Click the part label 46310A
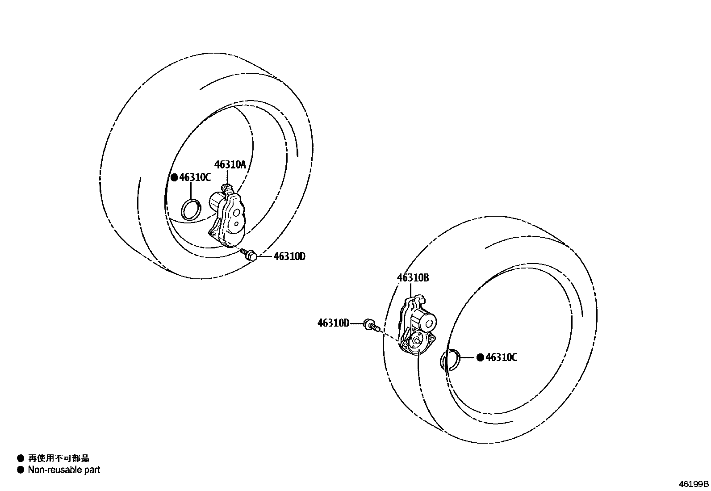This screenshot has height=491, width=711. [x=230, y=165]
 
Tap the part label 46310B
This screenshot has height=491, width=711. [x=413, y=278]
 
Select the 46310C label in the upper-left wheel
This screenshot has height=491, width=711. [x=195, y=178]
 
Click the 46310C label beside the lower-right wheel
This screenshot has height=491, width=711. [x=501, y=357]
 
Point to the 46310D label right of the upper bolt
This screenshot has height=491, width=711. [x=289, y=256]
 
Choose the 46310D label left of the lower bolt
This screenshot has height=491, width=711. [x=333, y=323]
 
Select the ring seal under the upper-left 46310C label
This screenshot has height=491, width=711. [x=191, y=210]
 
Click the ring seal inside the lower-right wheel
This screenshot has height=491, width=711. [x=450, y=360]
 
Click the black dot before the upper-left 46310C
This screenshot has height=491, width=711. [x=174, y=178]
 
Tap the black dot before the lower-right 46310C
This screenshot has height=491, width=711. [x=480, y=357]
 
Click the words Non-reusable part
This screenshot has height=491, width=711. [x=64, y=470]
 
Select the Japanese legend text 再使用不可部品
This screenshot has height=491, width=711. [x=59, y=458]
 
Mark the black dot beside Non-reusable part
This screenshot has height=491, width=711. [x=20, y=470]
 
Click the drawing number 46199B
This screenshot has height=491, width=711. [x=694, y=484]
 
